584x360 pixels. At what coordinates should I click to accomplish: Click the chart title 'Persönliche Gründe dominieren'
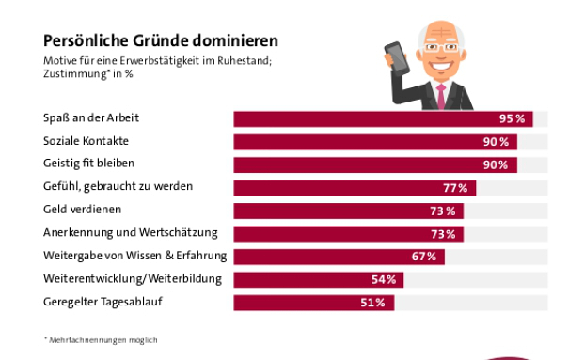[x=161, y=41]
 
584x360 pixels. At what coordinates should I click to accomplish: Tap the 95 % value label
[x=513, y=119]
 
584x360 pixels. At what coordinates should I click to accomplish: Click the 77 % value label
[x=456, y=188]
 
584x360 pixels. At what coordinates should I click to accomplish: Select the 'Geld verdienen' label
[x=83, y=210]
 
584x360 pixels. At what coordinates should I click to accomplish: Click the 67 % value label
[x=424, y=257]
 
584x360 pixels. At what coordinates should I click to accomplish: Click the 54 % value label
[x=384, y=279]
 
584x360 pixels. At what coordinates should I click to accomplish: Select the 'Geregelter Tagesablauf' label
[x=103, y=302]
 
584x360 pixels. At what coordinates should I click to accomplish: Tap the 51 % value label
[x=372, y=303]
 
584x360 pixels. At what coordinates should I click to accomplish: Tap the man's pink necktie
[x=440, y=93]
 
